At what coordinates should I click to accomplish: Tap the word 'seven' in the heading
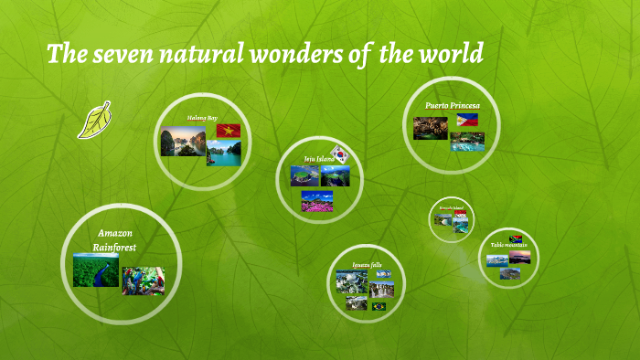pyautogui.click(x=126, y=55)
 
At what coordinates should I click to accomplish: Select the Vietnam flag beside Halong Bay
pyautogui.click(x=228, y=131)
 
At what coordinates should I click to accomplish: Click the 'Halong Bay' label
pyautogui.click(x=202, y=118)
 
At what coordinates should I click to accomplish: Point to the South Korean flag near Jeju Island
pyautogui.click(x=341, y=154)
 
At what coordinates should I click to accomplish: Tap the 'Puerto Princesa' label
pyautogui.click(x=452, y=105)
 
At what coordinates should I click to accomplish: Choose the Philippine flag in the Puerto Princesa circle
pyautogui.click(x=467, y=120)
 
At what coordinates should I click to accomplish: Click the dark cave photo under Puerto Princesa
pyautogui.click(x=431, y=130)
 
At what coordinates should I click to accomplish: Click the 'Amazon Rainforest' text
pyautogui.click(x=115, y=240)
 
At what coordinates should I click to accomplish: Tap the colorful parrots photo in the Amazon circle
pyautogui.click(x=143, y=281)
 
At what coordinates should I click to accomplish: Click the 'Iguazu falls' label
pyautogui.click(x=366, y=265)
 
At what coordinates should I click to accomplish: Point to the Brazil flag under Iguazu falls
pyautogui.click(x=379, y=306)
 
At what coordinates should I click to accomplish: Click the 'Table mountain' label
pyautogui.click(x=508, y=245)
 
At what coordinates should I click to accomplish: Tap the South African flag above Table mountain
pyautogui.click(x=515, y=238)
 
